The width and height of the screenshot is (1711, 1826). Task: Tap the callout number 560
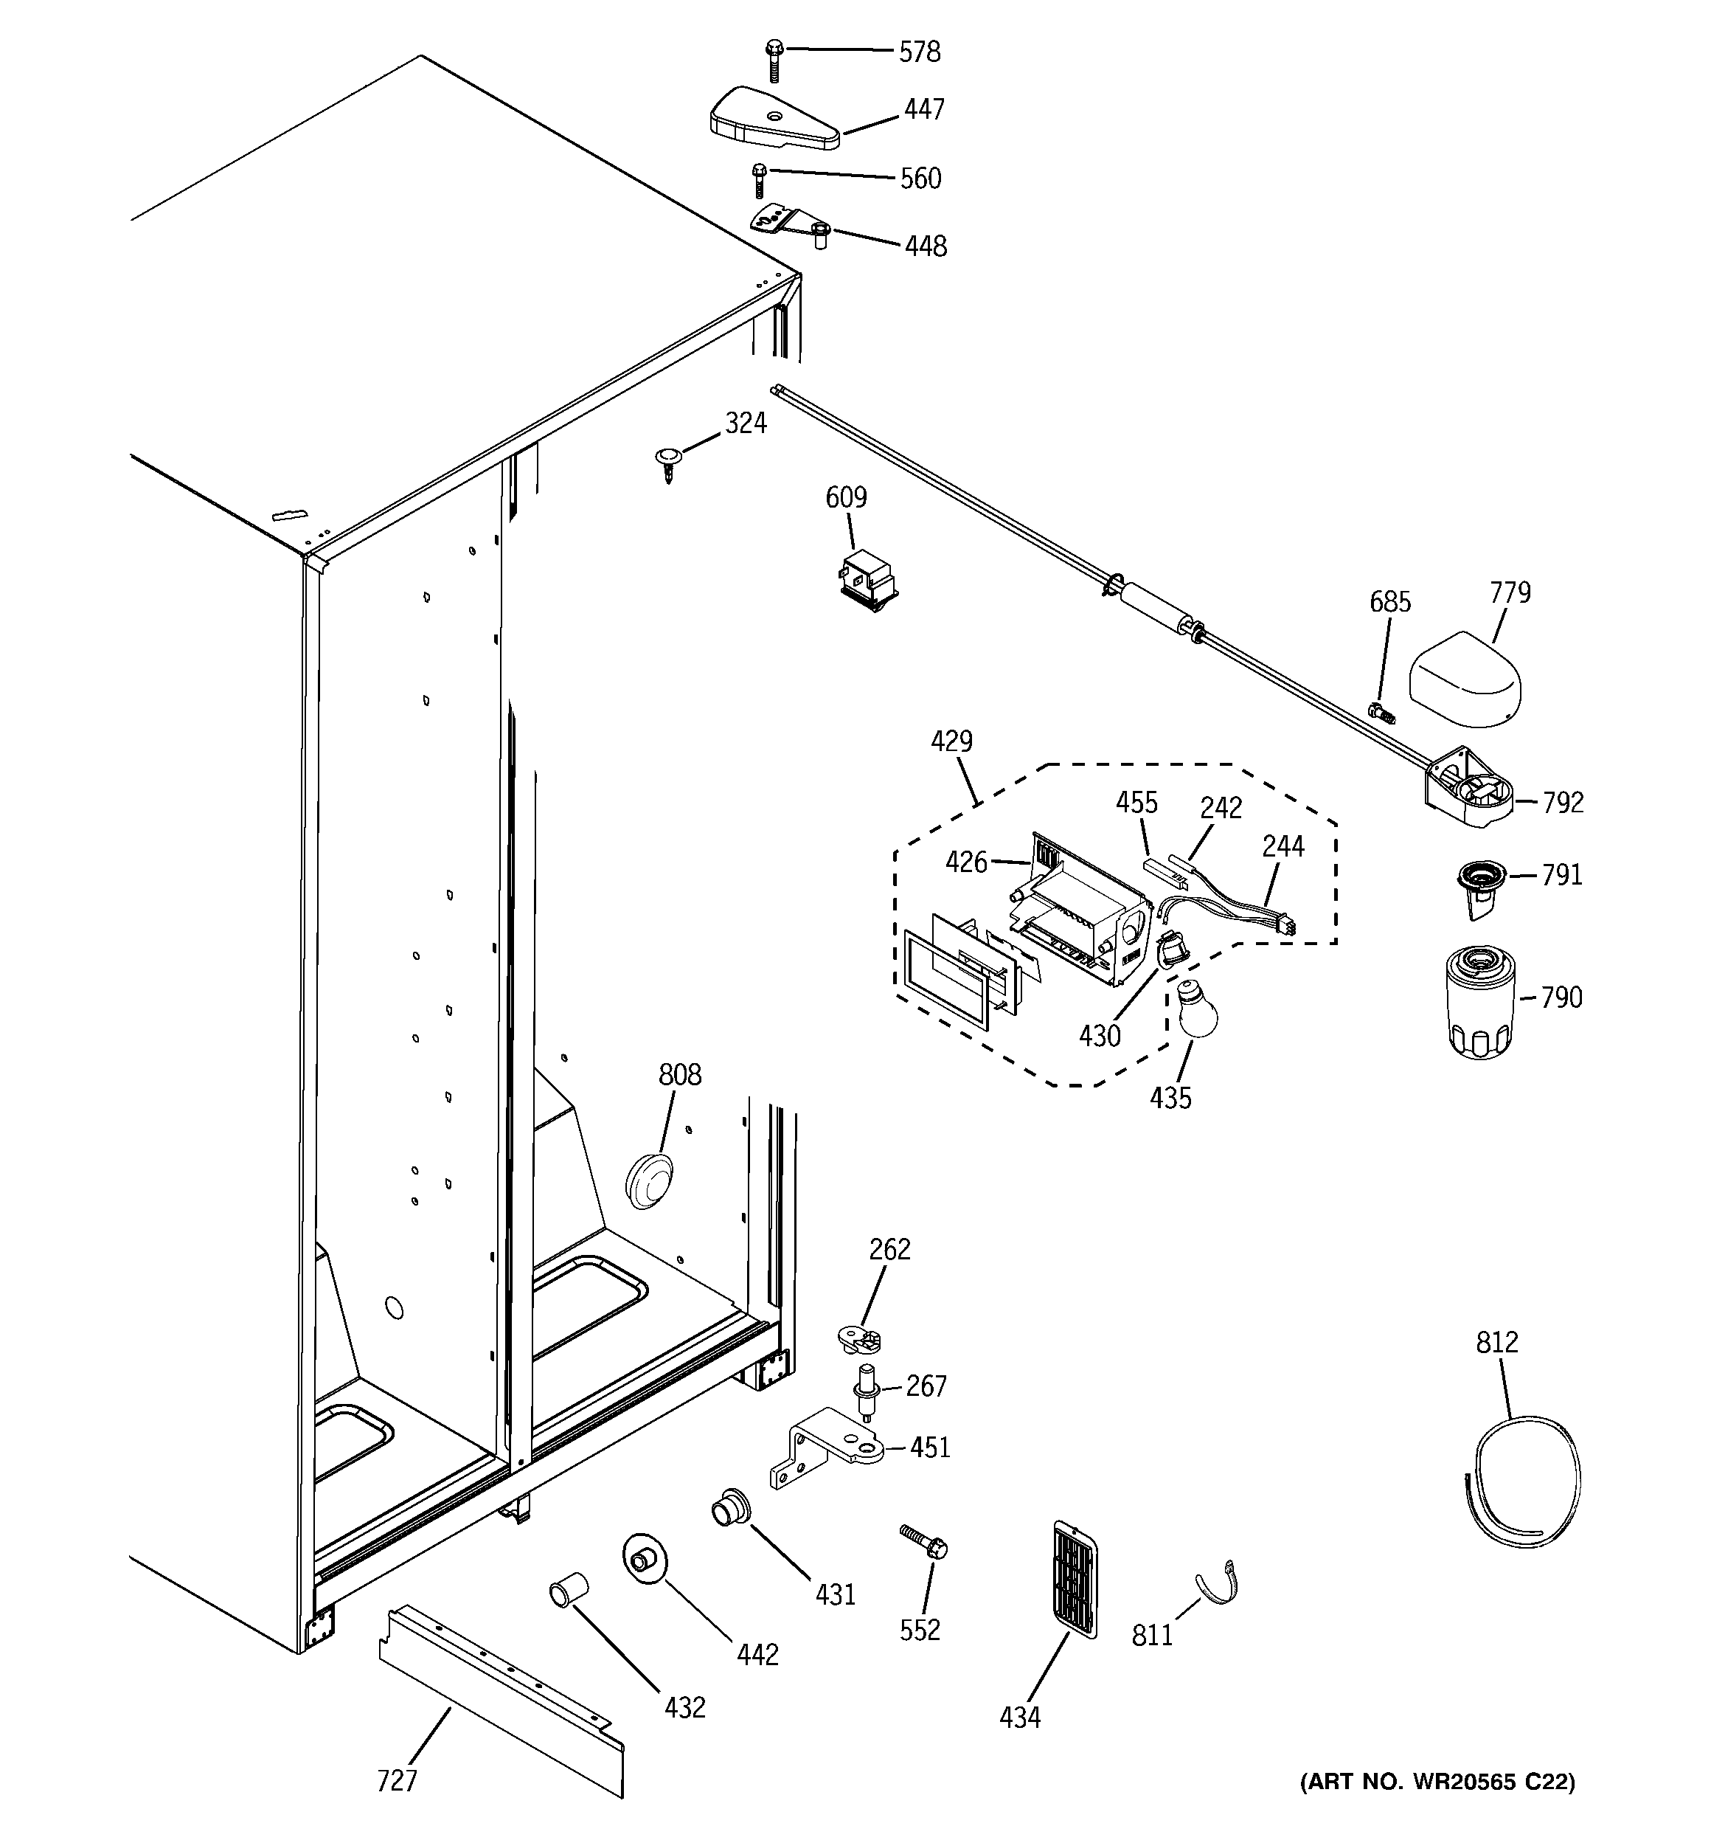(920, 179)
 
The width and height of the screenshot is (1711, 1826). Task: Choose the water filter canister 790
(1479, 1006)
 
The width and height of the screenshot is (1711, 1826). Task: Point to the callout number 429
(951, 741)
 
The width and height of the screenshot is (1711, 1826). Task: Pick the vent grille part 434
(1073, 1578)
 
